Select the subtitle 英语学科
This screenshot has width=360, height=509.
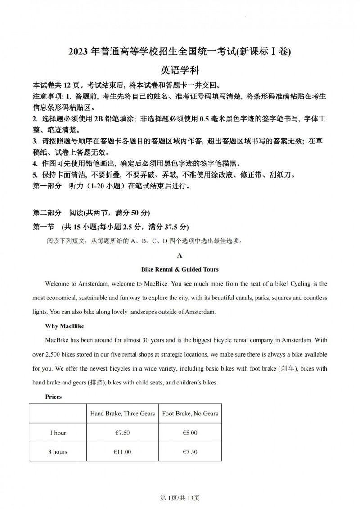coord(180,70)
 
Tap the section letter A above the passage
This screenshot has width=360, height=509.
coord(180,255)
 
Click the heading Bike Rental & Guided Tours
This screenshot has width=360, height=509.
coord(180,269)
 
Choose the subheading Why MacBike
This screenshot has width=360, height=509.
coord(65,326)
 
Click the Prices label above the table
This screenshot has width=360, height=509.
coord(54,397)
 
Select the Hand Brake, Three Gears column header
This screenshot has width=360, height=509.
coord(122,414)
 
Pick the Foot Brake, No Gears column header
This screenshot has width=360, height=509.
coord(190,414)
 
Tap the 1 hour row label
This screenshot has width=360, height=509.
coord(58,433)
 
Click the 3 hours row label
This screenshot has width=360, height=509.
coord(58,452)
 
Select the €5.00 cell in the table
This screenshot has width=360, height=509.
coord(190,433)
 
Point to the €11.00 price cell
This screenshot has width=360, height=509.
coord(122,452)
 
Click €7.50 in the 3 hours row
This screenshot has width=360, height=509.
coord(190,452)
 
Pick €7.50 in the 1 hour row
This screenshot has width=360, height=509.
coord(122,433)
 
